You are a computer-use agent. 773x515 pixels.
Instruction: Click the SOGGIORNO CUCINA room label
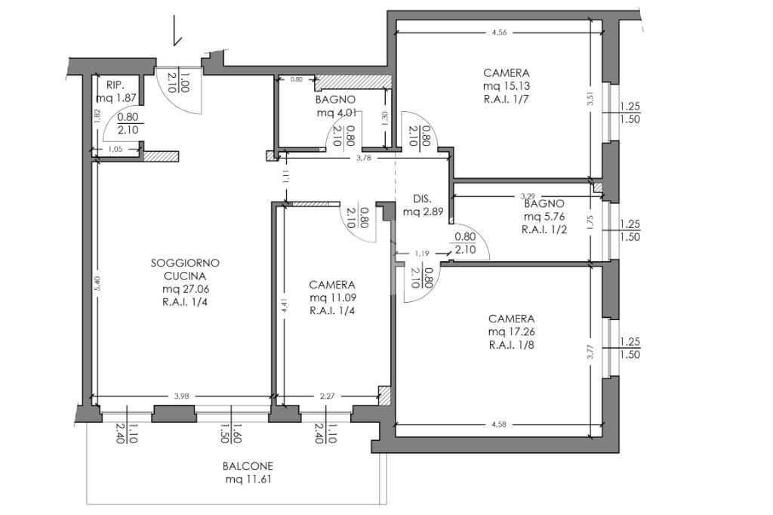pyautogui.click(x=185, y=270)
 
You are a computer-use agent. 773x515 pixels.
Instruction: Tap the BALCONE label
pyautogui.click(x=248, y=466)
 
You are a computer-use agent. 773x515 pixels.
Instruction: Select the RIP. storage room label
pyautogui.click(x=115, y=85)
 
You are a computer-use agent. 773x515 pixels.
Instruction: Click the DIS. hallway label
pyautogui.click(x=423, y=199)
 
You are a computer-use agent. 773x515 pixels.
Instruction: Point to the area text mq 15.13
pyautogui.click(x=507, y=86)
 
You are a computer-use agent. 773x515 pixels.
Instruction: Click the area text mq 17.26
pyautogui.click(x=511, y=332)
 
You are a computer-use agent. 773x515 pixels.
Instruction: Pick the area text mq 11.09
pyautogui.click(x=333, y=298)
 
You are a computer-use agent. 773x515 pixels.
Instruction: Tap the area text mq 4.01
pyautogui.click(x=335, y=113)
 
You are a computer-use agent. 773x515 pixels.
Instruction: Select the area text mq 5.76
pyautogui.click(x=544, y=217)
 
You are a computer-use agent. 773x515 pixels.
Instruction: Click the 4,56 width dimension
pyautogui.click(x=500, y=33)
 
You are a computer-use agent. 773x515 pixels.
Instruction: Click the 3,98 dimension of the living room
pyautogui.click(x=182, y=396)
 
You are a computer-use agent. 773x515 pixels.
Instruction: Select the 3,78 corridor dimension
pyautogui.click(x=363, y=158)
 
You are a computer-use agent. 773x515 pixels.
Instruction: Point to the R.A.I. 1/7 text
pyautogui.click(x=507, y=99)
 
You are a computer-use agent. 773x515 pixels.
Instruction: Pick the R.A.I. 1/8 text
pyautogui.click(x=511, y=345)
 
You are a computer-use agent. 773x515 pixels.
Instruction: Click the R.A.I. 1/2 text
pyautogui.click(x=544, y=230)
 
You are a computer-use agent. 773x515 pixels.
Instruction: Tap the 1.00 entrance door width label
pyautogui.click(x=184, y=82)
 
